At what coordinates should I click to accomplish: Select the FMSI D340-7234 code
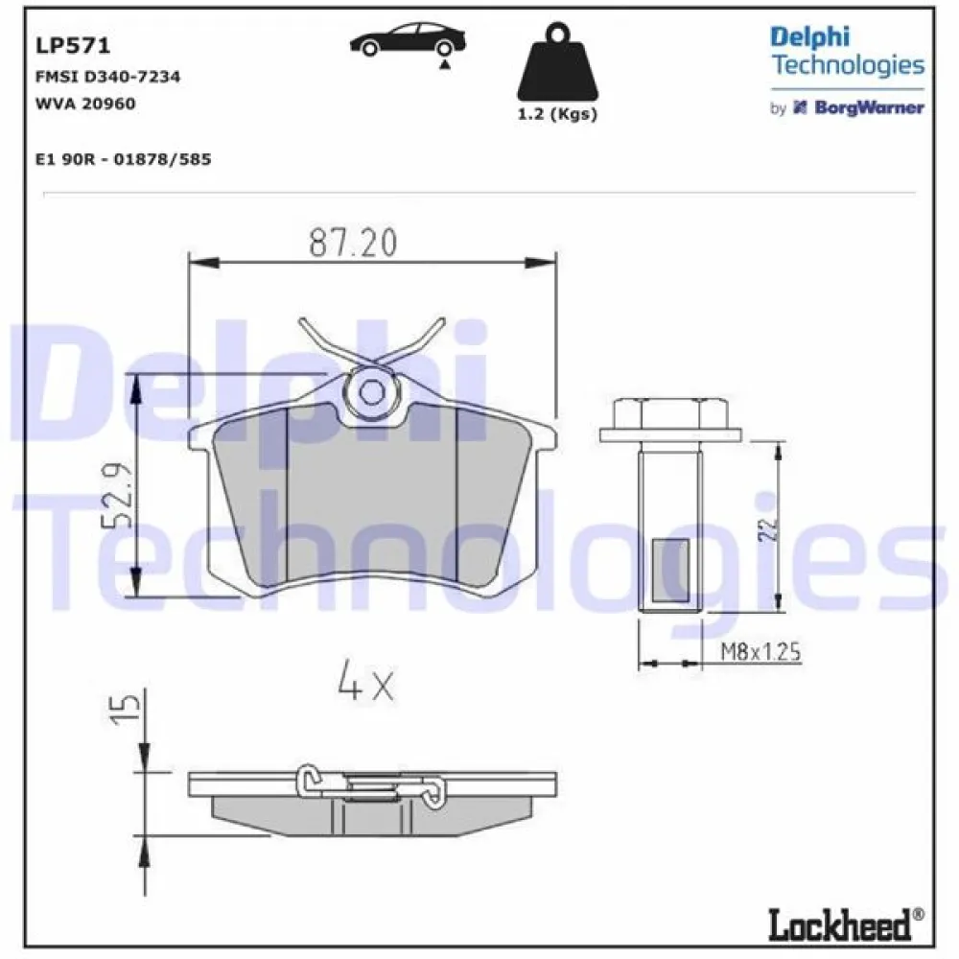click(107, 77)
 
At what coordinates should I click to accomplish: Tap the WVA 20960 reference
click(84, 104)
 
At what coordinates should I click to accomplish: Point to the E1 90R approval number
click(122, 159)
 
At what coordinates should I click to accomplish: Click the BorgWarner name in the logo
click(869, 107)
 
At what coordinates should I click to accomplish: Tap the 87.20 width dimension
click(352, 245)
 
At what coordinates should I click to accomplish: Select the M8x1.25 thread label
click(760, 654)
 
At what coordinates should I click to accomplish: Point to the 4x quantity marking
click(365, 683)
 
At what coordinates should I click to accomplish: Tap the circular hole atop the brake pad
click(371, 390)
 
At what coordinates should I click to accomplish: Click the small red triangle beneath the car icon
click(443, 62)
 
